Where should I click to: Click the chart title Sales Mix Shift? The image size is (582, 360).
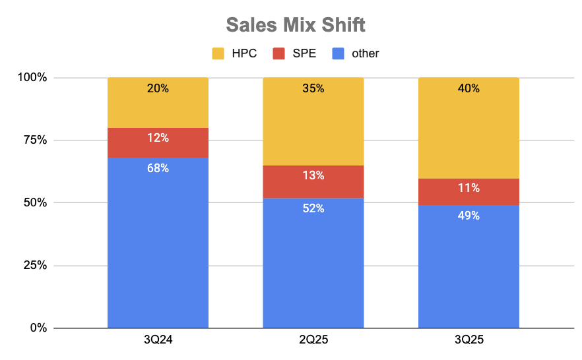pyautogui.click(x=295, y=25)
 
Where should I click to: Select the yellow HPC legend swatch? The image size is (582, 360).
pyautogui.click(x=218, y=53)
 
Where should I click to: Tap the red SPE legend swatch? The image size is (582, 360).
pyautogui.click(x=279, y=53)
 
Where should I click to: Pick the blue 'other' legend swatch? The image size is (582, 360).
pyautogui.click(x=339, y=53)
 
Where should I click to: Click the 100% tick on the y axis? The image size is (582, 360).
pyautogui.click(x=32, y=78)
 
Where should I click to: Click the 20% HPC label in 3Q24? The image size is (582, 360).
pyautogui.click(x=158, y=88)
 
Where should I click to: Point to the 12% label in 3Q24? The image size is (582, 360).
pyautogui.click(x=158, y=138)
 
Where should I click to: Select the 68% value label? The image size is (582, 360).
pyautogui.click(x=158, y=168)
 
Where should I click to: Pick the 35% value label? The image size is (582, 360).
pyautogui.click(x=313, y=88)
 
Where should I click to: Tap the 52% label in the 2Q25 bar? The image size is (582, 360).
pyautogui.click(x=313, y=208)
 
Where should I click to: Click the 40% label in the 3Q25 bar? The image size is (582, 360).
pyautogui.click(x=469, y=88)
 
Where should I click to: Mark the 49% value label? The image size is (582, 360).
pyautogui.click(x=469, y=216)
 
